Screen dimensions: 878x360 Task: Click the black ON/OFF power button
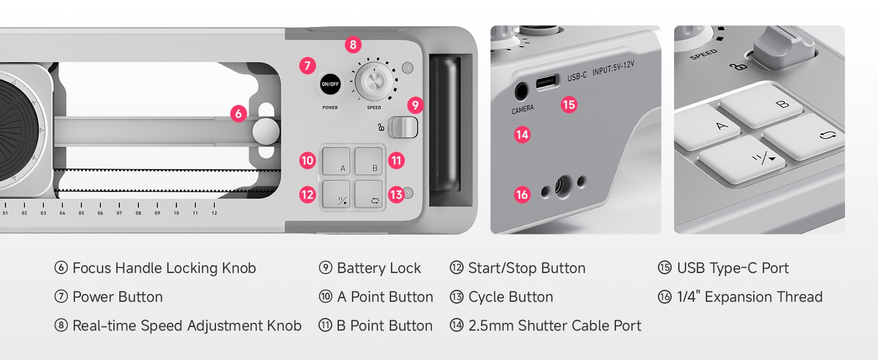[x=330, y=84]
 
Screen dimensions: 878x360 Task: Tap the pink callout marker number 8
[x=353, y=45]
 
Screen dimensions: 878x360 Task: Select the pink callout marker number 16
[x=522, y=194]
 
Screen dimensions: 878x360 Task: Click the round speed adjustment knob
[x=374, y=81]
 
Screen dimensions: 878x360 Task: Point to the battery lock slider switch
[x=403, y=127]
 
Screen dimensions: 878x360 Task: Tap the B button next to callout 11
[x=368, y=161]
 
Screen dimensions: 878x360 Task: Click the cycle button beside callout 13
[x=368, y=194]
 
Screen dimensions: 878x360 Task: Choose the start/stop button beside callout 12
[x=336, y=194]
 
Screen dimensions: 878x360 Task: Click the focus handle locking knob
[x=266, y=131]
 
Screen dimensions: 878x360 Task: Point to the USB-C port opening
[x=547, y=82]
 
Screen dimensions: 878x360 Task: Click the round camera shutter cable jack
[x=521, y=92]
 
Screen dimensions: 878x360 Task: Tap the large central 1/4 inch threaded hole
[x=563, y=185]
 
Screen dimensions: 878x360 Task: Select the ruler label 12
[x=215, y=213]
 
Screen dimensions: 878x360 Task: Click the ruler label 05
[x=81, y=213]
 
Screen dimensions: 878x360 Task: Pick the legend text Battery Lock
[x=378, y=268]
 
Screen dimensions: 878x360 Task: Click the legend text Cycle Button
[x=511, y=297]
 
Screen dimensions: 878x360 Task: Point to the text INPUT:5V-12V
[x=613, y=68]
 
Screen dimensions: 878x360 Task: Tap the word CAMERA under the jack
[x=522, y=109]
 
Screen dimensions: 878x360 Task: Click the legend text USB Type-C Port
[x=733, y=268]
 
